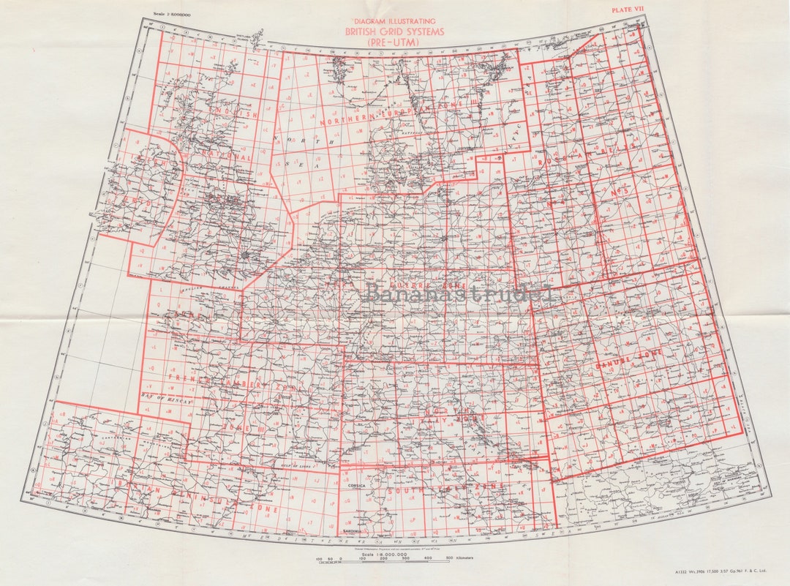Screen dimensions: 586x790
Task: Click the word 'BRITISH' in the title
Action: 365,31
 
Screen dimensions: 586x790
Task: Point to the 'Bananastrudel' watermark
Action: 460,293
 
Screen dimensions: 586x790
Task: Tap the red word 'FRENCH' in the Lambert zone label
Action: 189,378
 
